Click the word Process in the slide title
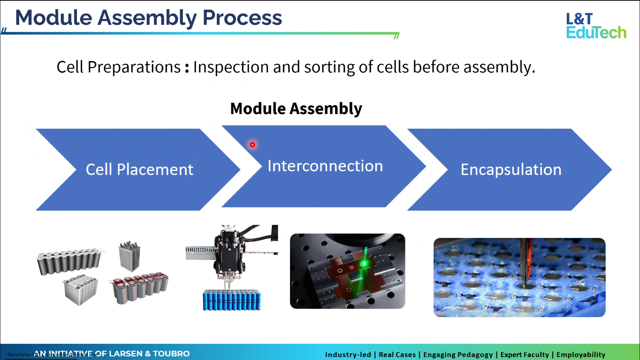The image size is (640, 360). click(242, 18)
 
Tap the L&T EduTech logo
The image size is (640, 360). click(596, 26)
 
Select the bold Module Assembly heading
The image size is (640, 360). click(296, 108)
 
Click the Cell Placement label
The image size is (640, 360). click(139, 170)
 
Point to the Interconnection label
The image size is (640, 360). click(325, 166)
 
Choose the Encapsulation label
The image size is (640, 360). click(511, 170)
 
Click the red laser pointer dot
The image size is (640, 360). click(252, 144)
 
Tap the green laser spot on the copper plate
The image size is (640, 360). click(364, 263)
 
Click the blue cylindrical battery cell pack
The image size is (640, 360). click(232, 300)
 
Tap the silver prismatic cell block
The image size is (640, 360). click(81, 289)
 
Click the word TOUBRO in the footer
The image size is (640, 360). click(171, 354)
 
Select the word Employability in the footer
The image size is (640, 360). click(580, 355)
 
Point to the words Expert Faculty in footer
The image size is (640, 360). click(525, 355)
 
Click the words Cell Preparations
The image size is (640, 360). click(118, 67)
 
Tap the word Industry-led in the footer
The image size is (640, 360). click(348, 355)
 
